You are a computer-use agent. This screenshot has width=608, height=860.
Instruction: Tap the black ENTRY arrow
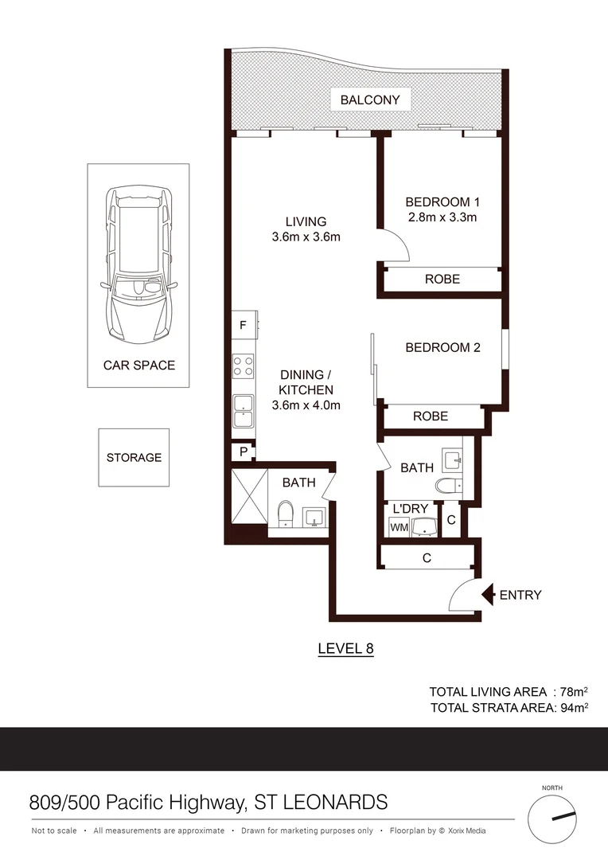pos(486,594)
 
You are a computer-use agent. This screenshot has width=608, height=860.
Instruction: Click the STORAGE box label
pos(134,458)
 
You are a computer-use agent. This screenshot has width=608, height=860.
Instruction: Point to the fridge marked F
pos(244,325)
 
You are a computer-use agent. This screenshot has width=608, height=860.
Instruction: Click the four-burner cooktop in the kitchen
pos(244,365)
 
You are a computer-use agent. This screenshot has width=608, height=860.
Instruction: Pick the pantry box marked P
pos(243,452)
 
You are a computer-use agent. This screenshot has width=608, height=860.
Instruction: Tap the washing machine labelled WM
pos(398,526)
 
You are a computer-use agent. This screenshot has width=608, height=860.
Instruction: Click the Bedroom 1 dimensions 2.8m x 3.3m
pos(442,217)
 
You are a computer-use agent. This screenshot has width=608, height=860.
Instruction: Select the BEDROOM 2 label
pos(442,348)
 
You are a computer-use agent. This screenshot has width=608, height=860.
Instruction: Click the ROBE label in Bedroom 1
pos(442,279)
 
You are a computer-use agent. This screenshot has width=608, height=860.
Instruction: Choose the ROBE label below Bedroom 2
pos(431,416)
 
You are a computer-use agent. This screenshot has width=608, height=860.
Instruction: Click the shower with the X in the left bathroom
pos(249,496)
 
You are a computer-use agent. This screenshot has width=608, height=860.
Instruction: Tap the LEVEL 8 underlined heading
pos(345,648)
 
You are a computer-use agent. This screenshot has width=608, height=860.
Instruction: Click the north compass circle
pos(551,817)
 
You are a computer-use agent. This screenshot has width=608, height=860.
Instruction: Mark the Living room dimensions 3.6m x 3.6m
pos(306,236)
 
